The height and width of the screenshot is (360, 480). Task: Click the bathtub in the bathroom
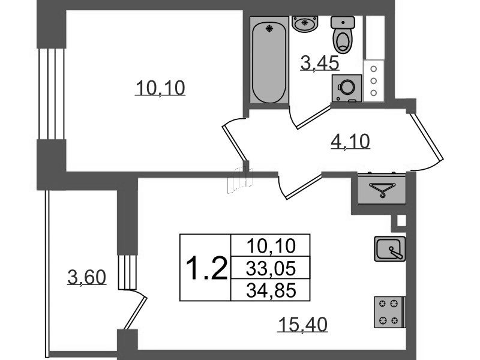(x=269, y=60)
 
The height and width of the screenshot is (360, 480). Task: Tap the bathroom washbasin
(x=304, y=23)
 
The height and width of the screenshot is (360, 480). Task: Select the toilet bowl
(x=343, y=35)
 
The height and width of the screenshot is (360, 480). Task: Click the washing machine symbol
(x=347, y=88)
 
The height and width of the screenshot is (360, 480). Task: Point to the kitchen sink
(x=390, y=248)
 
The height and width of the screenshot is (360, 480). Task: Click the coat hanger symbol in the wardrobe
(x=382, y=190)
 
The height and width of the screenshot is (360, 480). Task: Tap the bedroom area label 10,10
(x=160, y=88)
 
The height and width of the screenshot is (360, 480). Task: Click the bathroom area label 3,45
(x=320, y=64)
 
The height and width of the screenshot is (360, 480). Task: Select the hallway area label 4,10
(x=350, y=142)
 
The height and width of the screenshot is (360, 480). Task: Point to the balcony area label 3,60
(x=87, y=277)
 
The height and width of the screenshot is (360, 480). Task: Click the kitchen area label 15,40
(x=303, y=325)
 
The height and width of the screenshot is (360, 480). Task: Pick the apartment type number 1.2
(x=206, y=268)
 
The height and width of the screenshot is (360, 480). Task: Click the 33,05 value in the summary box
(x=271, y=268)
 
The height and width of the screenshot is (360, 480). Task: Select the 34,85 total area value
(x=271, y=290)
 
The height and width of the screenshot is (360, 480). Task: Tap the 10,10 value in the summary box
(x=271, y=246)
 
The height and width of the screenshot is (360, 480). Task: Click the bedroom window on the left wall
(x=52, y=94)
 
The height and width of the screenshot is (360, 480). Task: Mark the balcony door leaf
(x=136, y=313)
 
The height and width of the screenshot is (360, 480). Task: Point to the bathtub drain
(x=269, y=28)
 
